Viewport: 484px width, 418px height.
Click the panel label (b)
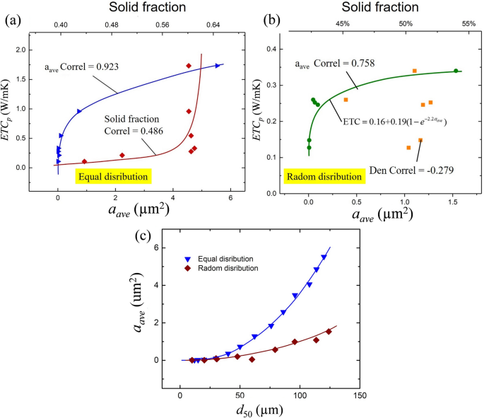252,21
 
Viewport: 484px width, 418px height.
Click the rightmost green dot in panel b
456,71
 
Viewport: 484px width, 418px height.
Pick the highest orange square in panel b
415,71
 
